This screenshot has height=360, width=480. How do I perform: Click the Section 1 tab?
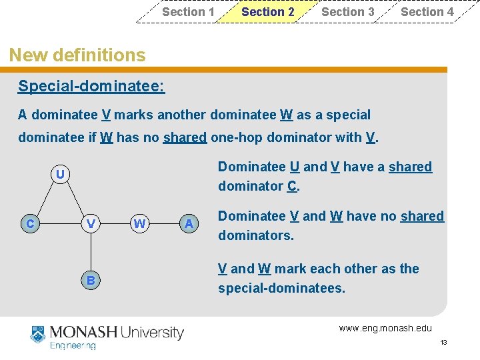pyautogui.click(x=188, y=12)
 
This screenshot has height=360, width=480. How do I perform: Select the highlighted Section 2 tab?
pyautogui.click(x=267, y=12)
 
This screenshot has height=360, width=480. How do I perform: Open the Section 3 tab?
pyautogui.click(x=347, y=12)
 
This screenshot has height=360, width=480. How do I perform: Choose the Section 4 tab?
pyautogui.click(x=427, y=12)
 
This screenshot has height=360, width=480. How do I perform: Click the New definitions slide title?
pyautogui.click(x=77, y=55)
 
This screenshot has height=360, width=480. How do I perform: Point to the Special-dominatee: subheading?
pyautogui.click(x=91, y=87)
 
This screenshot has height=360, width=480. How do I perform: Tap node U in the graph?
pyautogui.click(x=60, y=175)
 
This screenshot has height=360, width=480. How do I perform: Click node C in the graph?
pyautogui.click(x=29, y=224)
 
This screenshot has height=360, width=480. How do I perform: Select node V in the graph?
pyautogui.click(x=91, y=224)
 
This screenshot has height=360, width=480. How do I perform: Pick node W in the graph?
pyautogui.click(x=139, y=224)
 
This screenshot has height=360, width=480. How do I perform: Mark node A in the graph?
pyautogui.click(x=189, y=224)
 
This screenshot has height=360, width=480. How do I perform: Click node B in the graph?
pyautogui.click(x=91, y=281)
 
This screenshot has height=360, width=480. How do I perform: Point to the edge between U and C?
pyautogui.click(x=45, y=199)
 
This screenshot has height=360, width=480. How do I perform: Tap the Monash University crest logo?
pyautogui.click(x=39, y=335)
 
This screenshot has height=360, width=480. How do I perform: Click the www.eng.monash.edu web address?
pyautogui.click(x=385, y=327)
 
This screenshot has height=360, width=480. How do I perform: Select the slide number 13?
pyautogui.click(x=443, y=342)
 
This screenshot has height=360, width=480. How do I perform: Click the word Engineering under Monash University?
pyautogui.click(x=73, y=345)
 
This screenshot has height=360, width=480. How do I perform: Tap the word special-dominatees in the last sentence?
pyautogui.click(x=281, y=289)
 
